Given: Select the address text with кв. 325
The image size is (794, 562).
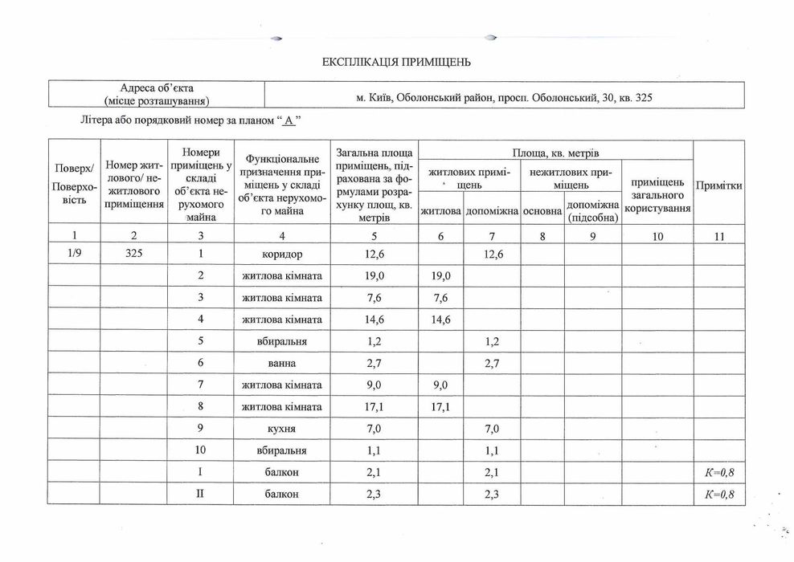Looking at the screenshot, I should [504, 98].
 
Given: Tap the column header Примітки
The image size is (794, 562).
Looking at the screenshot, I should [718, 185].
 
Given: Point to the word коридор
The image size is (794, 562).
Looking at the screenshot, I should [281, 255].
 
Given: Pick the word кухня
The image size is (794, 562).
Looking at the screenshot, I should [281, 430].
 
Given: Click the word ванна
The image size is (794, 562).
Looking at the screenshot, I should [281, 364].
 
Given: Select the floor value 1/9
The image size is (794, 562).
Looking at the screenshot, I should [75, 255].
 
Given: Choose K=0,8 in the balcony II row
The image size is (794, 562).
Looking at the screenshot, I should [718, 495].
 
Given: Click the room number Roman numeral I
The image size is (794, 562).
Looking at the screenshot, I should [200, 473].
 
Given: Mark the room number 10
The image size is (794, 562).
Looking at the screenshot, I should [200, 451].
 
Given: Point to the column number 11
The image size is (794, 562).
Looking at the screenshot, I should [718, 236].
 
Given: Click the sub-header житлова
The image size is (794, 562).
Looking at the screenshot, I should [440, 211].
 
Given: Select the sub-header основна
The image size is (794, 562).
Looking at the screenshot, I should [542, 211].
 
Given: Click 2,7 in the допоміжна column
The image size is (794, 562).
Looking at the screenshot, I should [492, 364].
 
